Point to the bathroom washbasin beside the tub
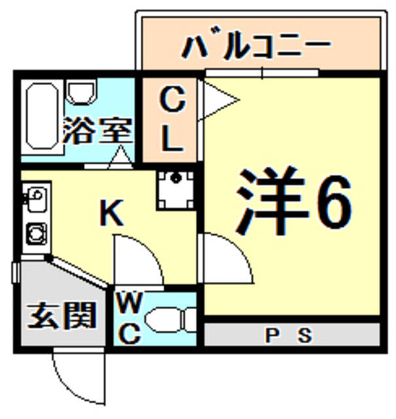coord(82,93)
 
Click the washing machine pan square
coord(175,189)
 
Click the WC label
coord(130,319)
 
